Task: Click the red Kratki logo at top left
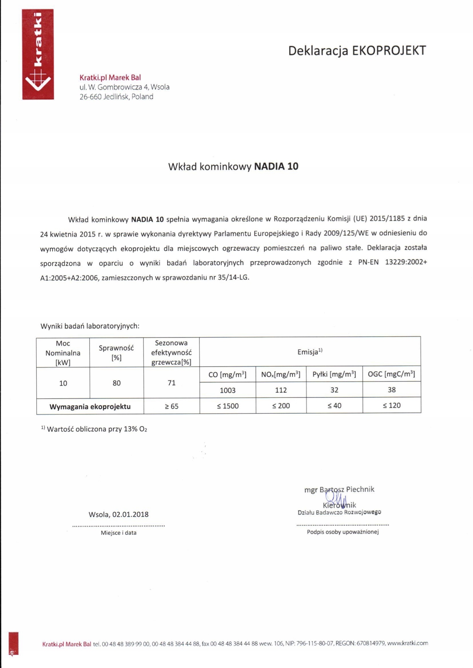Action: coord(38,54)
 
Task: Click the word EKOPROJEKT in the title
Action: coord(389,51)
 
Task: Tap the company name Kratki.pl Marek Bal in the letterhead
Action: coord(110,78)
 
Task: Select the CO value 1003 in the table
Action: coord(228,390)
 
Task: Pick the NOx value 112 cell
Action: coord(281,390)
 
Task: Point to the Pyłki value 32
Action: coord(334,390)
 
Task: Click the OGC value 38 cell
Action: coord(391,390)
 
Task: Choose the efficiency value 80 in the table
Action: coord(117,383)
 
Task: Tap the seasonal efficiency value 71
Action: coord(172,383)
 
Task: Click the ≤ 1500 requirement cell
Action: coord(228,406)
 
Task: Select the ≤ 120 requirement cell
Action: coord(391,406)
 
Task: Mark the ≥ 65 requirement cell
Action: coord(172,406)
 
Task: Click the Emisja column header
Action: coord(310,352)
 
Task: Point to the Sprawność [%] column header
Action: coord(116,352)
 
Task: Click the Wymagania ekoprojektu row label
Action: coord(90,407)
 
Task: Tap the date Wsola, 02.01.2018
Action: coord(119,515)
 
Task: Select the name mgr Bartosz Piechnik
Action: coord(339,489)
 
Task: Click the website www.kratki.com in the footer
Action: coord(407,643)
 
